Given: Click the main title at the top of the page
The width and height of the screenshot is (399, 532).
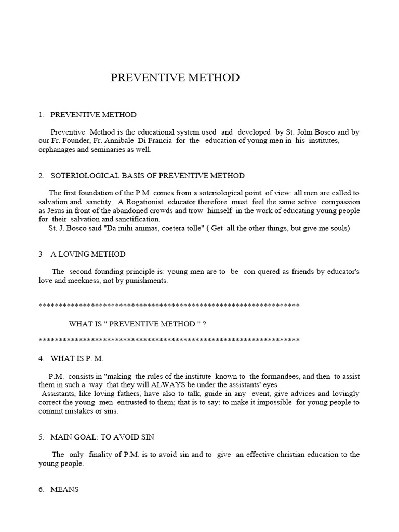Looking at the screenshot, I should pos(175,78).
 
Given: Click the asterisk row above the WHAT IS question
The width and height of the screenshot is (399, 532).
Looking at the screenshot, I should pos(169,305).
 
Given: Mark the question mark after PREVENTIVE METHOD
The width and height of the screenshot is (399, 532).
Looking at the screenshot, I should pos(204,324).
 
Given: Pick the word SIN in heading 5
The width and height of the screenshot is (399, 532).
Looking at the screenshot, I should pos(147,437).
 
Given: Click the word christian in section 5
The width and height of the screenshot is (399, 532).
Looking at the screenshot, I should pos(292,455).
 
